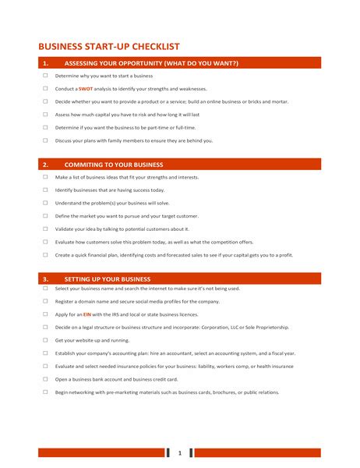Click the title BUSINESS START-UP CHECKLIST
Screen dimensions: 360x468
(x=109, y=46)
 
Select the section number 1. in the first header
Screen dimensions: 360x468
(x=45, y=63)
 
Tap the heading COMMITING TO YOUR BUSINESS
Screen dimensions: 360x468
(x=114, y=165)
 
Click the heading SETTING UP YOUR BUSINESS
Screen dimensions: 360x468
(x=108, y=278)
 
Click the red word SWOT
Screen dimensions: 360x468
(x=86, y=89)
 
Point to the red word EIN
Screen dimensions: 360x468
(x=87, y=314)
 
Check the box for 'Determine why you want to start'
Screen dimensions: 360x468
(x=45, y=76)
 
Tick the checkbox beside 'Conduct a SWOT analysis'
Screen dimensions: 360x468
(x=45, y=89)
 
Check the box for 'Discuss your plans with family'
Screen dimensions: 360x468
(x=45, y=140)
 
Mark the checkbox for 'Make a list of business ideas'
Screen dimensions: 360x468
(x=45, y=177)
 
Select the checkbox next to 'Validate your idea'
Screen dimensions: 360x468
(x=45, y=229)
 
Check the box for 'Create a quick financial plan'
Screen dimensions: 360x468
(x=45, y=254)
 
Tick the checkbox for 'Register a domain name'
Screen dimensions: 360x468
(x=45, y=301)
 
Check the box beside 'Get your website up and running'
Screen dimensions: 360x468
(x=45, y=340)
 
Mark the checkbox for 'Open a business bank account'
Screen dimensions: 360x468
(x=45, y=379)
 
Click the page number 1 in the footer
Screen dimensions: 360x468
(x=179, y=452)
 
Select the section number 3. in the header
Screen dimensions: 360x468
(x=45, y=278)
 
